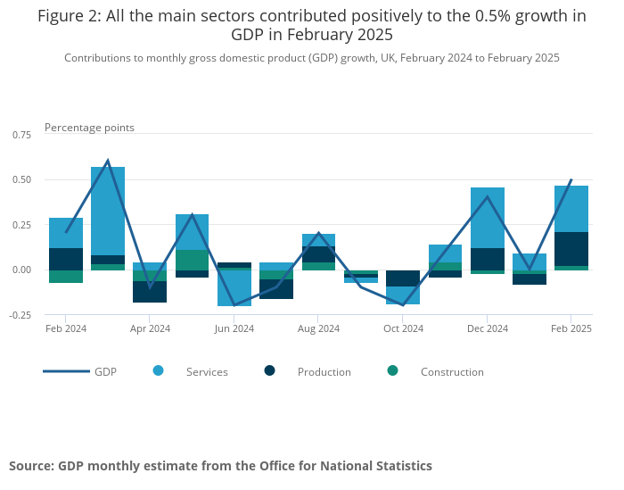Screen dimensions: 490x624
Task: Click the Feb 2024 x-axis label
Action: (x=66, y=328)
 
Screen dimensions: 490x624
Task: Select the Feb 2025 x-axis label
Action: (x=570, y=328)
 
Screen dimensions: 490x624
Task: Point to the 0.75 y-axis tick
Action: (x=21, y=134)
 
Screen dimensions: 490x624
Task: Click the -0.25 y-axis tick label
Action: (x=19, y=315)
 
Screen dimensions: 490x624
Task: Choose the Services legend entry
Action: (x=206, y=371)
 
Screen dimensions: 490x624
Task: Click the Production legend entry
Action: (x=324, y=371)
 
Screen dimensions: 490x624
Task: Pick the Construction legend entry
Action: (x=451, y=371)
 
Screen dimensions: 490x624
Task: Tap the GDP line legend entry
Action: (x=105, y=371)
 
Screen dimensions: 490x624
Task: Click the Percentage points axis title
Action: (x=89, y=128)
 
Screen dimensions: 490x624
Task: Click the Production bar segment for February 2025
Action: (x=571, y=249)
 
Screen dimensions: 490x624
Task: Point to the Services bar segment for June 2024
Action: (x=234, y=287)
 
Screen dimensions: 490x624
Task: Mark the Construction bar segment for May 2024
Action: (x=193, y=260)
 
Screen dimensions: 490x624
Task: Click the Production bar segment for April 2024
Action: (x=150, y=292)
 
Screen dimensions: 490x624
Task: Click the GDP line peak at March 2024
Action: (x=108, y=161)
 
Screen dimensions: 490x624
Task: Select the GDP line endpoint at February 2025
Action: (x=571, y=179)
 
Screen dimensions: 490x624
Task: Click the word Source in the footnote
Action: (x=29, y=466)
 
